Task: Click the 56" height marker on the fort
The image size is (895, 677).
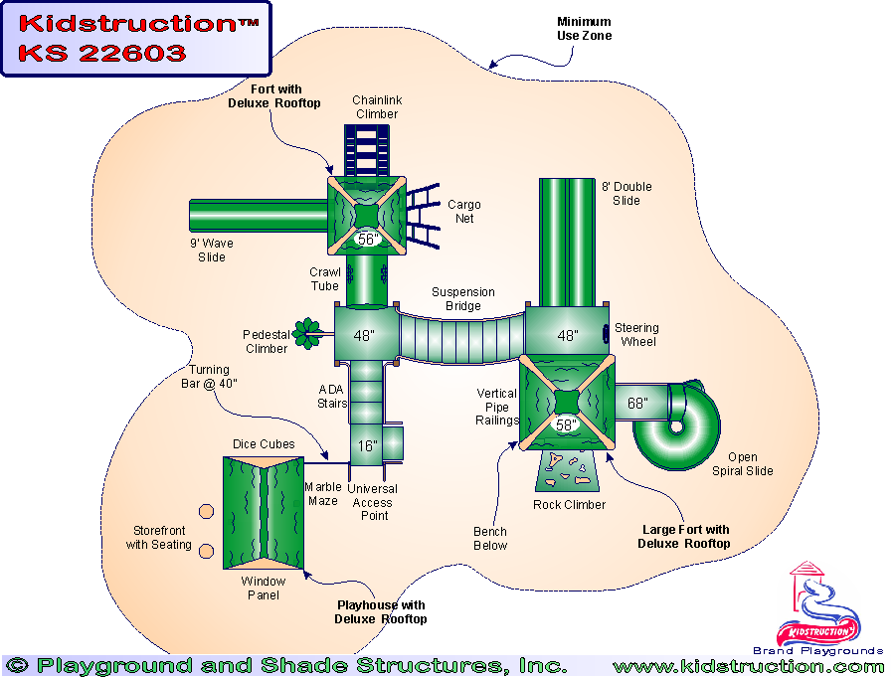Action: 367,239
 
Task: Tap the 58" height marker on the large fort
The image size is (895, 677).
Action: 566,425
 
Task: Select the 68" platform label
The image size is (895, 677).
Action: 637,404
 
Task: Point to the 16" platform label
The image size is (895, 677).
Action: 368,446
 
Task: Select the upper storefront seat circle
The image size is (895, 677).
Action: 206,511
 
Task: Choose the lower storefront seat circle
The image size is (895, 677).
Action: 206,552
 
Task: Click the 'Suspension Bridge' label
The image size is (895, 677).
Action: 462,299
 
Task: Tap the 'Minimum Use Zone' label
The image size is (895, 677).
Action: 584,29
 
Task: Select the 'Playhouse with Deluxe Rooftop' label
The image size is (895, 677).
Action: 381,612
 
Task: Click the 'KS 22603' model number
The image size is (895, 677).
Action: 102,54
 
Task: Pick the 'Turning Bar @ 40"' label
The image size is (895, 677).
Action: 210,377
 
